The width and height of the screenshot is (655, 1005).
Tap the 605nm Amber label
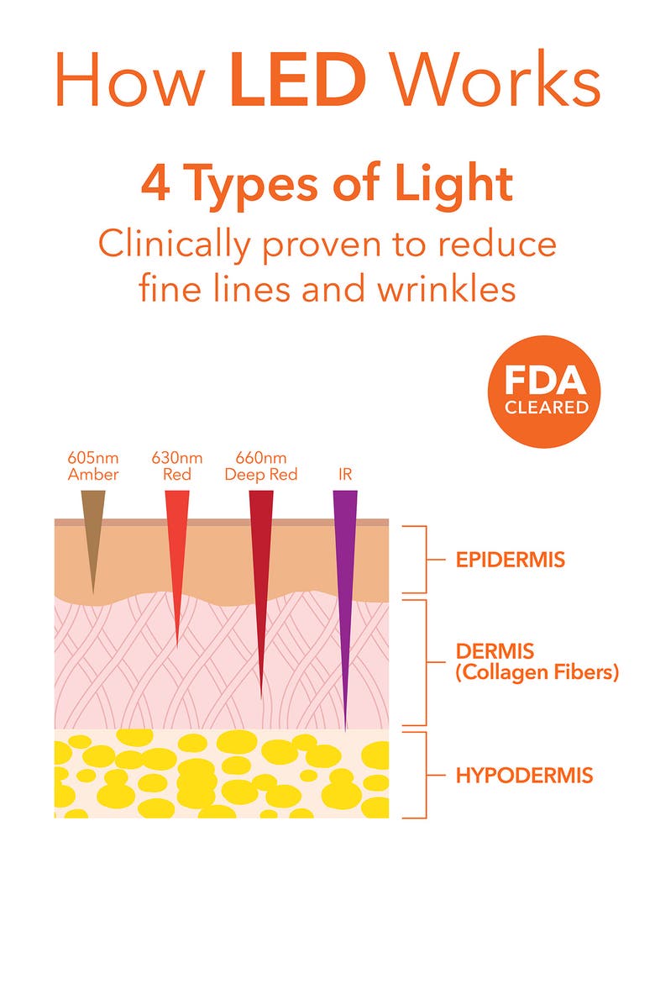tap(93, 466)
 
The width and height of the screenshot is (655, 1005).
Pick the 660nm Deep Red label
tap(260, 466)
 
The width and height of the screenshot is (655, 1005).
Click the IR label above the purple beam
tap(345, 475)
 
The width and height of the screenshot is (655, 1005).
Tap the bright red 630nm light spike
tap(176, 555)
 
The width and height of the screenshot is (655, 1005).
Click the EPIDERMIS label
tap(510, 560)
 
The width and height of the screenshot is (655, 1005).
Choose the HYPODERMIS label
tap(524, 775)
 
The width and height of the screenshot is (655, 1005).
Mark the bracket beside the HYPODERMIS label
tap(427, 775)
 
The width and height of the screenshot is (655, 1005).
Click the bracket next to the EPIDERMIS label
tap(427, 560)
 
